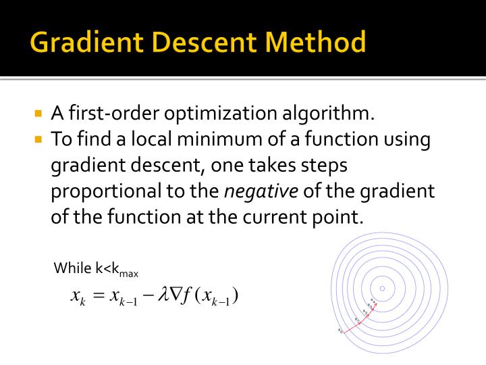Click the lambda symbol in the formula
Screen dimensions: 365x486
[x=162, y=295]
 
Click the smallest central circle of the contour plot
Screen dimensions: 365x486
[x=382, y=289]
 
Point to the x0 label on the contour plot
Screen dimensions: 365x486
[x=340, y=331]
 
